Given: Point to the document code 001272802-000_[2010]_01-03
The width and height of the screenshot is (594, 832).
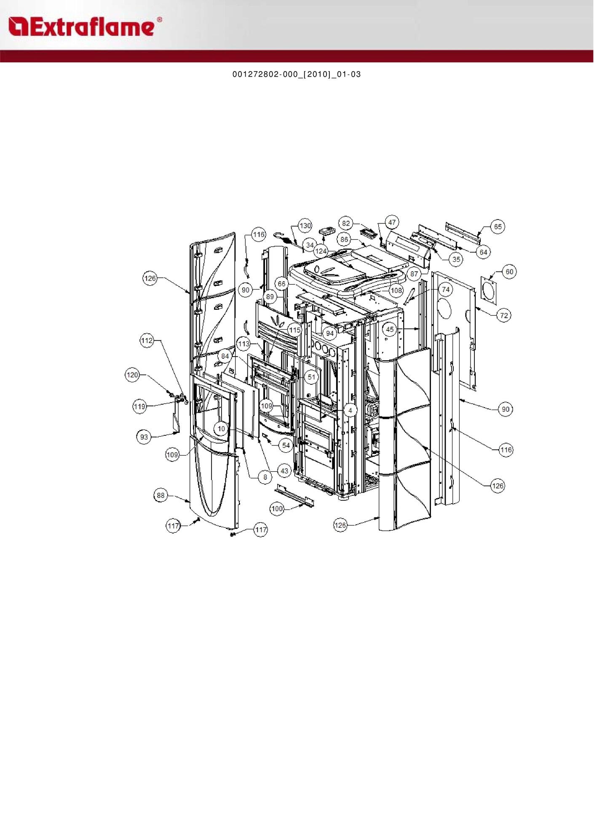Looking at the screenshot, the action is (x=297, y=74).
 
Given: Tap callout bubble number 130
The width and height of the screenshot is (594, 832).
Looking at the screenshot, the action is (x=305, y=225).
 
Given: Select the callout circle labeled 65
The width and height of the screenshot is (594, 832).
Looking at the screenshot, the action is (x=498, y=227).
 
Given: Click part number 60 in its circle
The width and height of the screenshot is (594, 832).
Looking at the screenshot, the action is (x=510, y=272).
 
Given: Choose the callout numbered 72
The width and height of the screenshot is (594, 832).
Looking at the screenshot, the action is (x=504, y=315).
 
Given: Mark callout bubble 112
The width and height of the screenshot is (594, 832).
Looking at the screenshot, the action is (x=147, y=341).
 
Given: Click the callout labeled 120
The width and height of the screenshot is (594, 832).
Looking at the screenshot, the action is (x=132, y=375).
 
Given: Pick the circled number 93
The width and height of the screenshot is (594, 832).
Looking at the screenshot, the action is (x=144, y=437).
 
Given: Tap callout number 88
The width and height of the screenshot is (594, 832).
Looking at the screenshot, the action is (x=161, y=495).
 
